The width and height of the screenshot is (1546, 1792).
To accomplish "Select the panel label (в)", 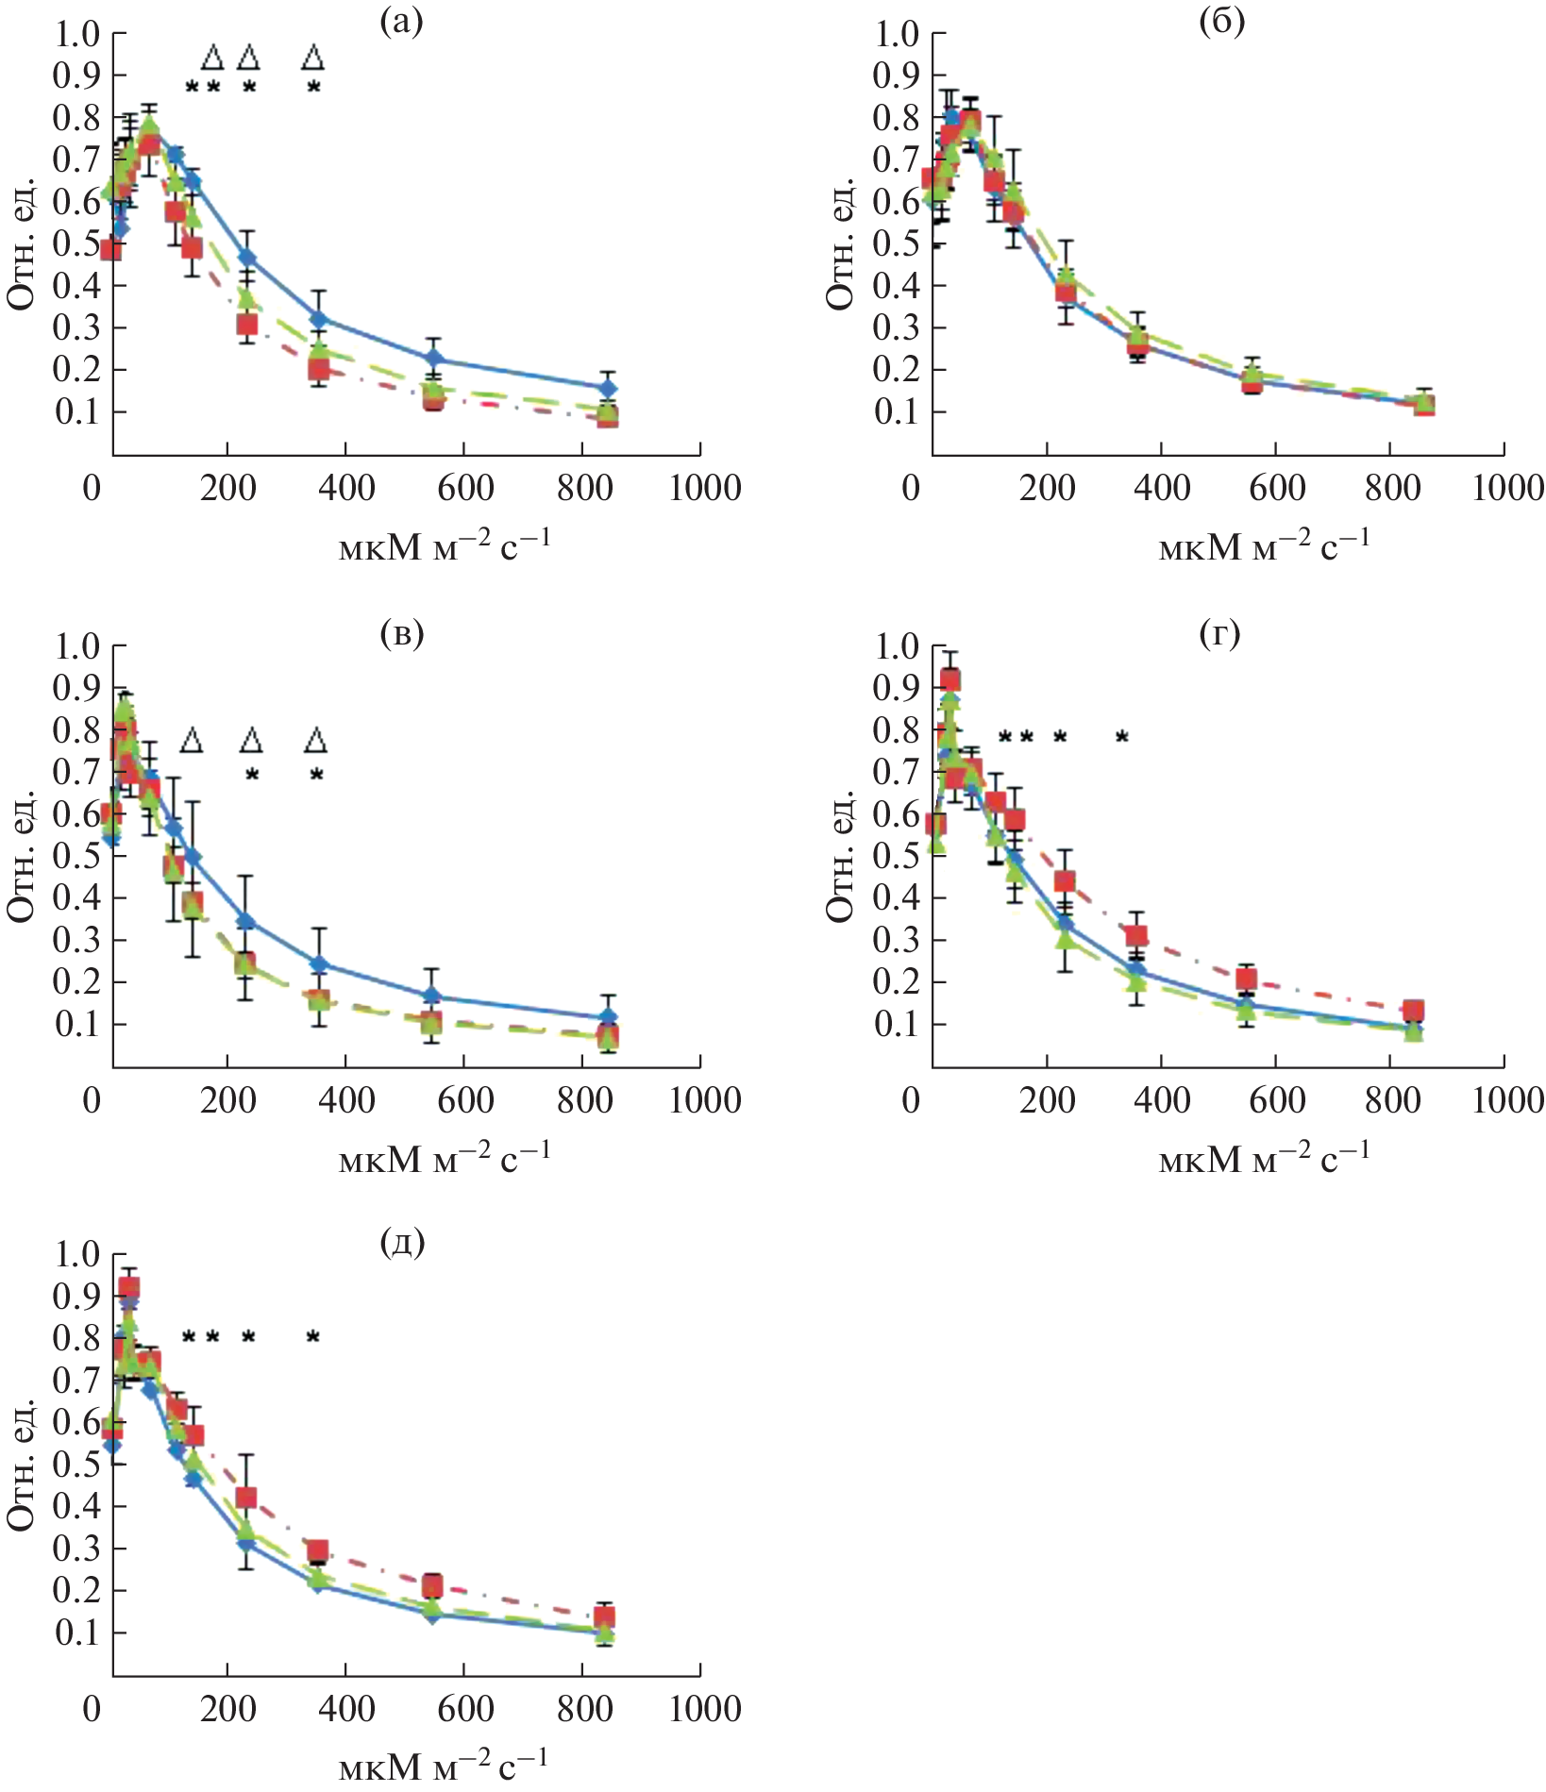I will tap(401, 634).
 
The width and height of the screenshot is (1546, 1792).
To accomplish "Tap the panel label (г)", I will tap(1219, 634).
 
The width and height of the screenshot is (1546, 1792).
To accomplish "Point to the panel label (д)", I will tap(402, 1243).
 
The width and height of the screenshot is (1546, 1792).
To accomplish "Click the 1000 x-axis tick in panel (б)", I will tap(1507, 488).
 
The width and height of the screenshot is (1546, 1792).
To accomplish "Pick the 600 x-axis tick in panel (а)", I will tap(465, 488).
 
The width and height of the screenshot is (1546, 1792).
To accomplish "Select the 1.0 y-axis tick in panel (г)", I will tap(896, 646).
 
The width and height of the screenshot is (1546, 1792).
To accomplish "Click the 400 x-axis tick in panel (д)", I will tap(346, 1709).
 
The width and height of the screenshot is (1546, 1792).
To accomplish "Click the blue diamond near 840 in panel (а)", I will tap(609, 388).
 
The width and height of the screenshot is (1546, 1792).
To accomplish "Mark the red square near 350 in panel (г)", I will tap(1136, 936).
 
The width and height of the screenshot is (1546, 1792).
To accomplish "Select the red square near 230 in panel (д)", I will tap(246, 1498).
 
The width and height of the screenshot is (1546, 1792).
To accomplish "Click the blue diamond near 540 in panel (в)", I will tap(431, 996).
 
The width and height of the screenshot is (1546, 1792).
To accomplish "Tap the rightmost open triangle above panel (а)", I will tap(313, 58).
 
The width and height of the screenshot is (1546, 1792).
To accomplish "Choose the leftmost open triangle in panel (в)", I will tap(192, 740).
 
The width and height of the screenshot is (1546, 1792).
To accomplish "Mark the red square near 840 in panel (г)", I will tap(1412, 1011).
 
